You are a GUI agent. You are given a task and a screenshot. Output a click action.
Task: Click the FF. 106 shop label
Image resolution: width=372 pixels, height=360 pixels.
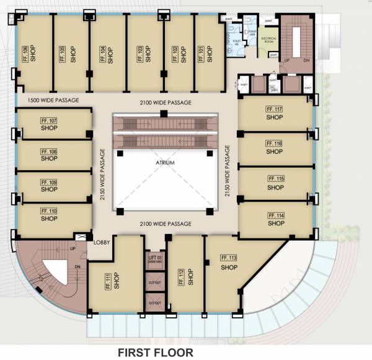click(25, 53)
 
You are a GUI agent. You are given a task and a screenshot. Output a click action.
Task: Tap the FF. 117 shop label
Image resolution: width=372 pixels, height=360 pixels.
click(274, 109)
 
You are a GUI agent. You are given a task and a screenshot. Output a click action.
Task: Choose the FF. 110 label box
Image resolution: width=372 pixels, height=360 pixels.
click(49, 211)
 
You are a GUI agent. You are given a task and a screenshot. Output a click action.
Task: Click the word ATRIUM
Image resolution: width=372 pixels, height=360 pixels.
click(166, 163)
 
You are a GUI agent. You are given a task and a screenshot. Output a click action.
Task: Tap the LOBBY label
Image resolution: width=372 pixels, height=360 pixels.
click(102, 243)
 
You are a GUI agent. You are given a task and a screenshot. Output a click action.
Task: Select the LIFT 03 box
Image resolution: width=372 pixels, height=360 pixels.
click(154, 259)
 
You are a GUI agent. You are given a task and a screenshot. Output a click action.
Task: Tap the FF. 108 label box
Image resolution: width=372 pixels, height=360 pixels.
click(49, 151)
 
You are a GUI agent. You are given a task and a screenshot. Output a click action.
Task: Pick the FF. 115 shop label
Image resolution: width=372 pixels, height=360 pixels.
click(277, 179)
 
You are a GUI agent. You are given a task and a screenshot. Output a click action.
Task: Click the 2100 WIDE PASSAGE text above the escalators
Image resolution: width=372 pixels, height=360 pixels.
click(165, 102)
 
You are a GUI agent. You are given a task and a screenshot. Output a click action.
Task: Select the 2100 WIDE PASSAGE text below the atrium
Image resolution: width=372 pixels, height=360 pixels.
click(165, 223)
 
